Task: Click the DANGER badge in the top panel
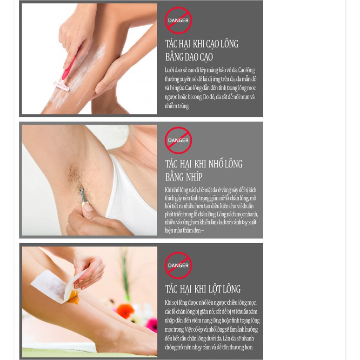coord(178,20)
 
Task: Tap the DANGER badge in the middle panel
coord(178,140)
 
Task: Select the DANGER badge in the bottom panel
coord(178,265)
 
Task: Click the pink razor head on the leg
coord(62,86)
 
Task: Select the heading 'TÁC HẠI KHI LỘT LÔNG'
coord(203,289)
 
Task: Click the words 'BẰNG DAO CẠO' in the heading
coord(189,57)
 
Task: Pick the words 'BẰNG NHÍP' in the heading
coord(184,177)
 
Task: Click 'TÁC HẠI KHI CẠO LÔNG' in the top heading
coord(202,44)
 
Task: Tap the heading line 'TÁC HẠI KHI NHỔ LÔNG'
coord(204,164)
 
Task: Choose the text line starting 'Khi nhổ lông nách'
coord(210,190)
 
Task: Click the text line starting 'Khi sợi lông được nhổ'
coord(210,303)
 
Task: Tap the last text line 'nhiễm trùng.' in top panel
coord(177,106)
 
